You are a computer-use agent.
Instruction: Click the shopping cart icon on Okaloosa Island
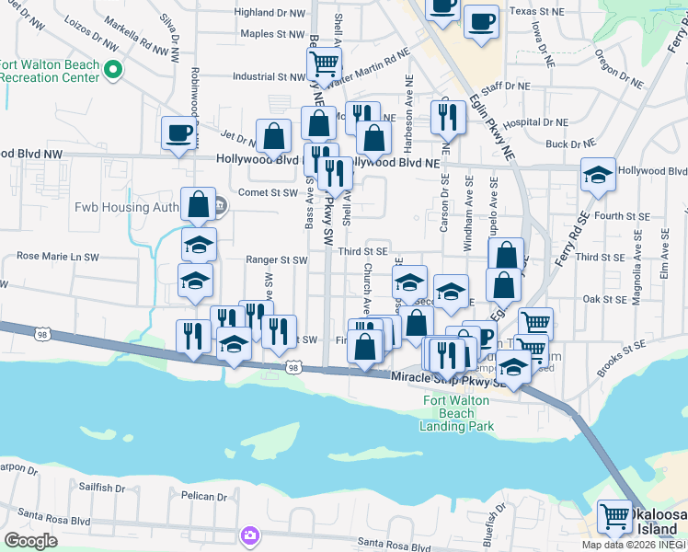click(613, 516)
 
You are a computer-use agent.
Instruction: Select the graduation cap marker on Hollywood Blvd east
click(598, 177)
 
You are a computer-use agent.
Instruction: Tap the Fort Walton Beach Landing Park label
click(457, 413)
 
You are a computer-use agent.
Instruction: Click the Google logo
click(30, 540)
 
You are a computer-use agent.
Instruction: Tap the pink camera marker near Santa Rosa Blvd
click(249, 535)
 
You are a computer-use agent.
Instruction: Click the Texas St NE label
click(536, 12)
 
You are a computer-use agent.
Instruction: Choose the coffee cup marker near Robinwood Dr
click(178, 133)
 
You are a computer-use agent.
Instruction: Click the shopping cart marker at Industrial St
click(324, 64)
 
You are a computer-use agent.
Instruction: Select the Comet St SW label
click(268, 193)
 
